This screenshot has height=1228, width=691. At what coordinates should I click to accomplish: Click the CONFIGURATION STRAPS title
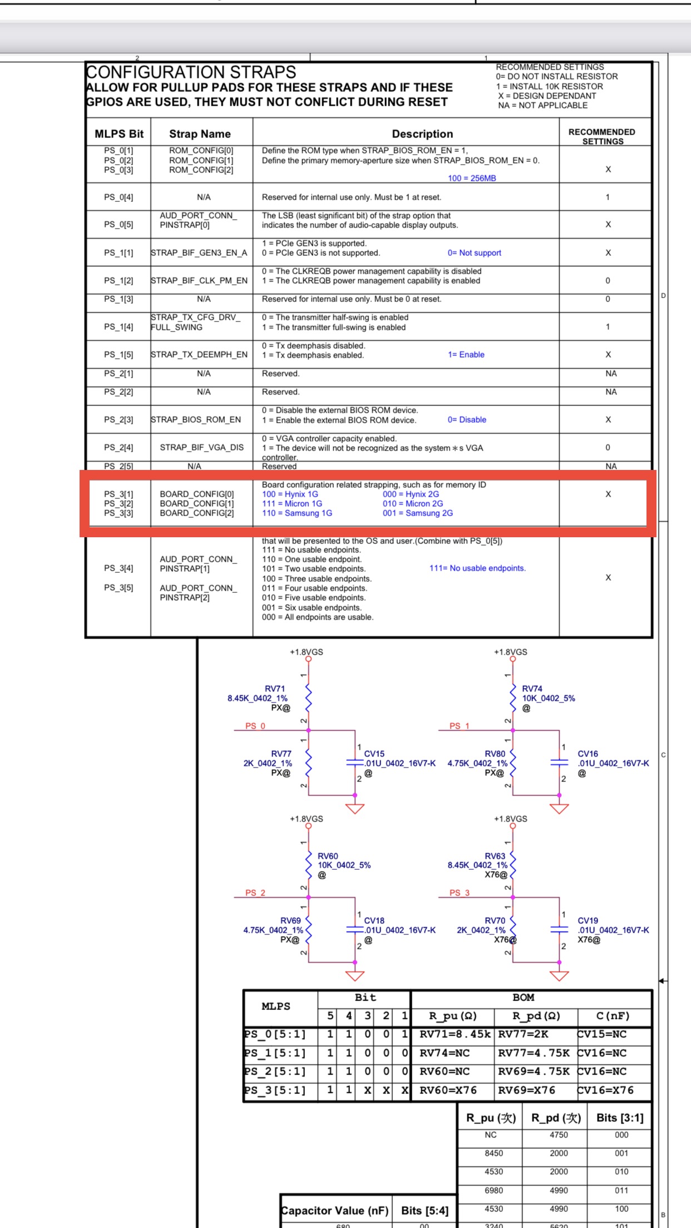click(x=191, y=72)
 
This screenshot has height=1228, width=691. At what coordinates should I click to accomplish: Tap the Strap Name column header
click(x=200, y=134)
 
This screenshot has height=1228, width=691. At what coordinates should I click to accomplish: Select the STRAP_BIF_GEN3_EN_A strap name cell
click(x=199, y=253)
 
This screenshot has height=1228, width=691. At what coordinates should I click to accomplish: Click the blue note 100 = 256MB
click(x=472, y=179)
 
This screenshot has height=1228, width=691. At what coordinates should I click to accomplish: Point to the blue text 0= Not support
click(x=474, y=253)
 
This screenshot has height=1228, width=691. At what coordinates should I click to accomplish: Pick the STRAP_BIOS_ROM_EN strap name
click(x=196, y=420)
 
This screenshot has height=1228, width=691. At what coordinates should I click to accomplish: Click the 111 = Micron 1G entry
click(x=292, y=504)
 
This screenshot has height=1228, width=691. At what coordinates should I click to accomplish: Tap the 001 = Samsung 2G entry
click(x=418, y=513)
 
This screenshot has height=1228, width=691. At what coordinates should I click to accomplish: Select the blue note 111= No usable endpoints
click(x=477, y=568)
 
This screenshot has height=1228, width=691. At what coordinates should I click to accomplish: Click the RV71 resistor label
click(x=275, y=689)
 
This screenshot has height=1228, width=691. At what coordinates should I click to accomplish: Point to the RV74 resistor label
click(x=532, y=689)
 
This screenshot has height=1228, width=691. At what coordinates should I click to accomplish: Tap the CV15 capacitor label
click(x=374, y=754)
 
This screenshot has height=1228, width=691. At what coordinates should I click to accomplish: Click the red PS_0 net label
click(x=255, y=726)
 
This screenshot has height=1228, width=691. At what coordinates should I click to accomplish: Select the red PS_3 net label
click(x=460, y=893)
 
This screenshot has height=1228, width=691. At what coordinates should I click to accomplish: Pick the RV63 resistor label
click(x=495, y=856)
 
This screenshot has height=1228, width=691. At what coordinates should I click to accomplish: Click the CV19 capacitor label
click(x=588, y=920)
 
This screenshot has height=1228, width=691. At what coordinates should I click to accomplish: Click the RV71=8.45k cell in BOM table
click(x=455, y=1034)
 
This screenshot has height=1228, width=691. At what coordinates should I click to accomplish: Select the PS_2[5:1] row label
click(x=275, y=1072)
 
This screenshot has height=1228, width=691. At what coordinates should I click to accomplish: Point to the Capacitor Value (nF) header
click(x=335, y=1211)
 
